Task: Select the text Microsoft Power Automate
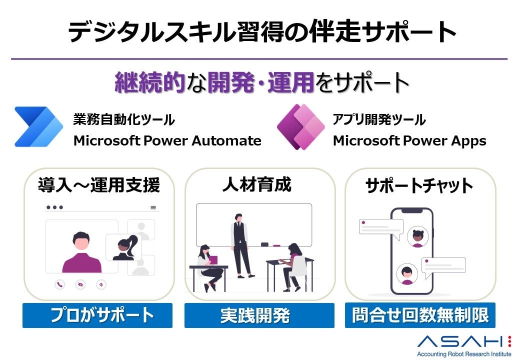(x=167, y=141)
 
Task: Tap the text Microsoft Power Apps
(x=409, y=141)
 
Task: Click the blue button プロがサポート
(x=97, y=315)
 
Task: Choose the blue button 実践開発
(x=259, y=315)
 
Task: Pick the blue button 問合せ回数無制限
(x=420, y=315)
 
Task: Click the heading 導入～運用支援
(x=99, y=185)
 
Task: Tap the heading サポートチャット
(x=419, y=186)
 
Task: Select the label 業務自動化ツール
(x=124, y=120)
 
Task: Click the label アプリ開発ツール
(x=379, y=120)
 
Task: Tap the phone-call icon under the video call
(x=60, y=284)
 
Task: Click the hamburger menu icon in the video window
(x=153, y=207)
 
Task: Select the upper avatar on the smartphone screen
(x=417, y=236)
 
